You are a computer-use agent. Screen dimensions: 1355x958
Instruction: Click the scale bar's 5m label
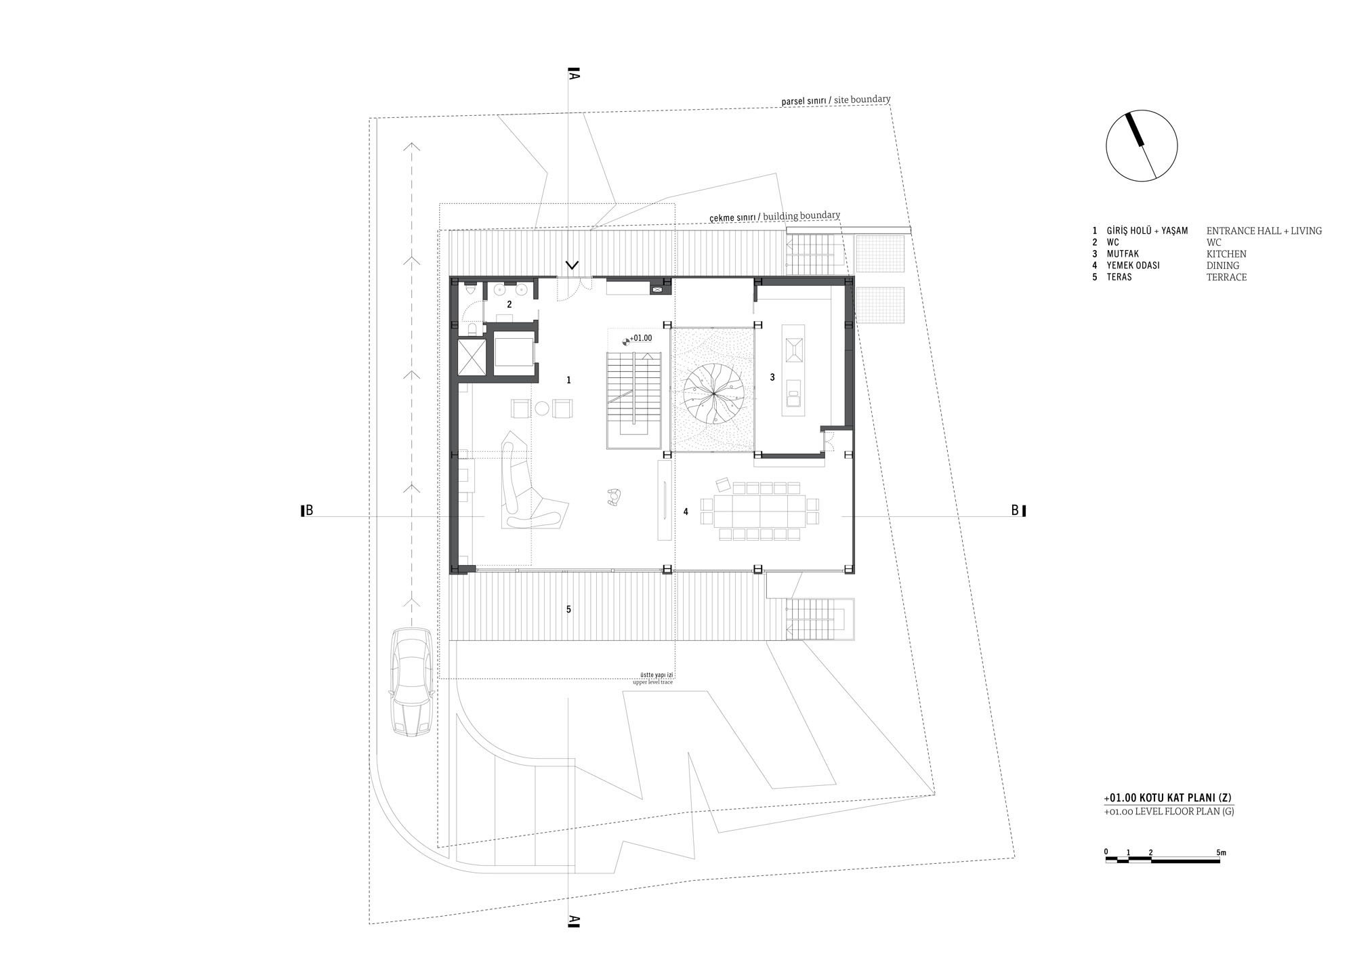point(1222,852)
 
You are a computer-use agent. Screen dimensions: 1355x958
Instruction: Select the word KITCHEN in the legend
point(1226,254)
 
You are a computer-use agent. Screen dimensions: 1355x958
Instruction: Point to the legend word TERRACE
point(1226,277)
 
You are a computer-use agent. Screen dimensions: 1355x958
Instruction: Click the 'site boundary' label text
point(862,100)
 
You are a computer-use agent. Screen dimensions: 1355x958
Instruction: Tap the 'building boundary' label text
point(801,216)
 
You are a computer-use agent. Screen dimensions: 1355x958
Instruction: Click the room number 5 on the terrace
point(568,610)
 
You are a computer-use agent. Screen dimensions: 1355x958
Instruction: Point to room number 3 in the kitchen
point(772,377)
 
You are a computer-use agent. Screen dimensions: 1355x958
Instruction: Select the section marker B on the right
point(1018,510)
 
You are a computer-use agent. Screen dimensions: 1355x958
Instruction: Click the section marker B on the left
point(307,511)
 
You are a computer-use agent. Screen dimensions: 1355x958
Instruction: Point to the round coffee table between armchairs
point(542,408)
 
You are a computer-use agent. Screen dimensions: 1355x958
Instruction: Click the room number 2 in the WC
point(509,305)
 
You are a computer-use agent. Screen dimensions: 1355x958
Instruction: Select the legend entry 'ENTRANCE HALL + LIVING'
point(1264,231)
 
